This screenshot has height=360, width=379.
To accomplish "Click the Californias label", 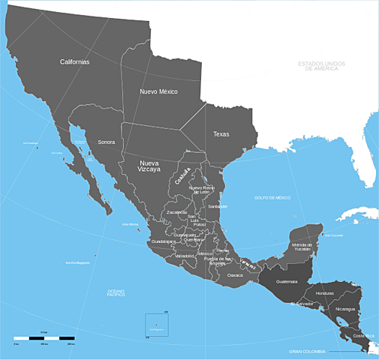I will coord(75,61).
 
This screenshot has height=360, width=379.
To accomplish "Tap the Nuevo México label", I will coord(158,91).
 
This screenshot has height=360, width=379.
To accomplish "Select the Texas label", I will coord(221,134).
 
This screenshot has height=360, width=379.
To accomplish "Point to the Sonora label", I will coord(106,142).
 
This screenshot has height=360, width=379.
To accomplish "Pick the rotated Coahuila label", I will coord(183,175).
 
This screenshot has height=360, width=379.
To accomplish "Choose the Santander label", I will coord(218,205).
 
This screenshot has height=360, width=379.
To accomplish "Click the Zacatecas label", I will coord(177,212).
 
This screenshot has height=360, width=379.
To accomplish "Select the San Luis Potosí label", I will coord(199,220).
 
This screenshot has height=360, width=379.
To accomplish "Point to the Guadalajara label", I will coord(163,241).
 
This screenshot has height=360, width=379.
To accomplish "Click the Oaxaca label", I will coord(236,275).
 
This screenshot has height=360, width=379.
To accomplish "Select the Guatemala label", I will coord(287,282).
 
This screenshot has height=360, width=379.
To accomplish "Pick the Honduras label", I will coord(325,293).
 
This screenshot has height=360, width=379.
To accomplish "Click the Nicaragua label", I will coord(347,309).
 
